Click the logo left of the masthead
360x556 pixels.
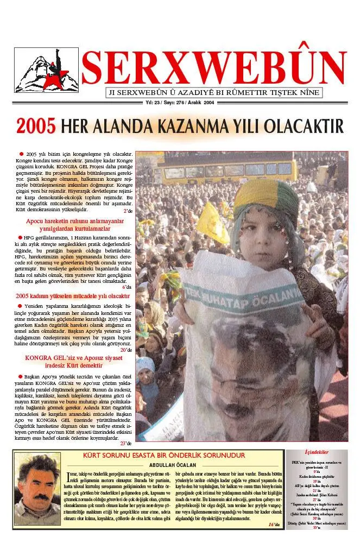click(x=46, y=70)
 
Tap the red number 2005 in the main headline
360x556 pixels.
click(x=36, y=126)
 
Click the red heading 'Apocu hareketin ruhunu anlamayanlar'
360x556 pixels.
click(x=75, y=222)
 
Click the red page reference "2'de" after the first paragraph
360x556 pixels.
click(x=128, y=211)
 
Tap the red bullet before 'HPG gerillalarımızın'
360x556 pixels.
click(x=21, y=238)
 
